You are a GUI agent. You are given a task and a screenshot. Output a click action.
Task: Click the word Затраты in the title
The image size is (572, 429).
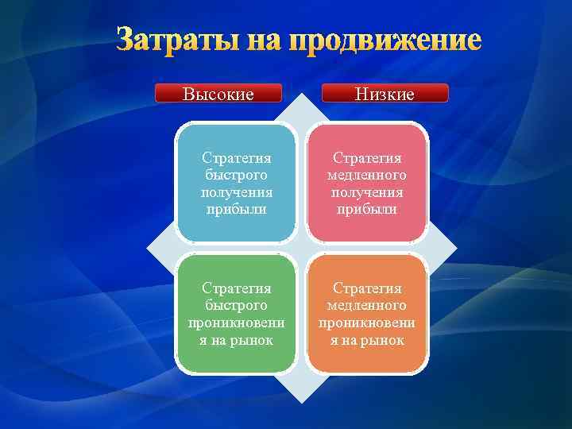click(x=176, y=39)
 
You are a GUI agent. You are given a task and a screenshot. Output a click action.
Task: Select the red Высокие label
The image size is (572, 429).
click(x=218, y=94)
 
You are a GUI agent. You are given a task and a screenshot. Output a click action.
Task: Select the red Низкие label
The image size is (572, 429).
click(x=385, y=94)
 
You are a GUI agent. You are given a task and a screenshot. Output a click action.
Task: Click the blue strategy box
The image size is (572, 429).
click(x=235, y=183)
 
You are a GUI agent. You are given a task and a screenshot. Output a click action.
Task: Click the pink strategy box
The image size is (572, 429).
click(x=366, y=183)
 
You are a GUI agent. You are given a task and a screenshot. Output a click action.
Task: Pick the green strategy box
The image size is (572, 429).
click(x=235, y=313)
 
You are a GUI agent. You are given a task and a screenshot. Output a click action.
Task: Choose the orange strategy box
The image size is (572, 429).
click(x=366, y=313)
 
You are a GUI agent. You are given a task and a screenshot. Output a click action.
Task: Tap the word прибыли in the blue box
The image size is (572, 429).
click(x=235, y=210)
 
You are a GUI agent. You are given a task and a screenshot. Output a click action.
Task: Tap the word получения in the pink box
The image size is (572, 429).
click(x=366, y=192)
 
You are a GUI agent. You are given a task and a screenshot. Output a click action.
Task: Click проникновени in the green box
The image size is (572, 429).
click(x=235, y=323)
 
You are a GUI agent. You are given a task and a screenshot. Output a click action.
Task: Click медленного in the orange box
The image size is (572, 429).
click(x=366, y=305)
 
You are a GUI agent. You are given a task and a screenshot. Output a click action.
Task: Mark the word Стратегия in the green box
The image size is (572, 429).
click(x=235, y=288)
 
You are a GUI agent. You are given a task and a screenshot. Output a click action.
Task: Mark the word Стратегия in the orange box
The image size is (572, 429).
click(x=366, y=288)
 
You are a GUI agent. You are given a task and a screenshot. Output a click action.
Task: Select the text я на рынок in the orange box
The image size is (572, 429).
click(x=366, y=340)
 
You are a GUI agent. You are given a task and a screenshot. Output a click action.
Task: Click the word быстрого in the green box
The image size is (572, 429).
click(x=235, y=305)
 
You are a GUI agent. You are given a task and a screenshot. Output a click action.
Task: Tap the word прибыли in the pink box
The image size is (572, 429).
click(x=366, y=210)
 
